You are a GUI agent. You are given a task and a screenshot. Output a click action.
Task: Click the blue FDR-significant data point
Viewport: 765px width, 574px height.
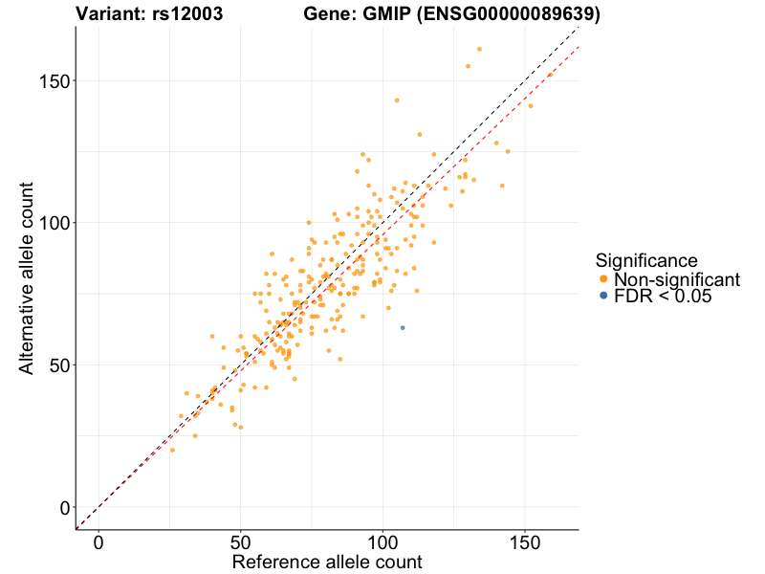coord(403,328)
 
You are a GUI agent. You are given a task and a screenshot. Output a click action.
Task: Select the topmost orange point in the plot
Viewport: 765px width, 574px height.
coord(479,49)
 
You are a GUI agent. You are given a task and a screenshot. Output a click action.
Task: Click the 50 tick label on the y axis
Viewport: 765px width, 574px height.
coord(57,365)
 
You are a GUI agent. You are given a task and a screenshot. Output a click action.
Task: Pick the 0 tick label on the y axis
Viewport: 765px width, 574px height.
coord(62,507)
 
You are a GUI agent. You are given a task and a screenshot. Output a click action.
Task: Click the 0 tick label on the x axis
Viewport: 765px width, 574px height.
coord(98,541)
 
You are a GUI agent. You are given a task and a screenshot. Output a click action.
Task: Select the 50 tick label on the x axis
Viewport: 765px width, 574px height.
coord(240,541)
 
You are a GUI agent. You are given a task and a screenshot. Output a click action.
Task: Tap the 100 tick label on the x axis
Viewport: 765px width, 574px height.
coord(382,541)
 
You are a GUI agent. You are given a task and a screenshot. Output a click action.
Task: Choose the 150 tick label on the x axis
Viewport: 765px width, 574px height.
coord(525,541)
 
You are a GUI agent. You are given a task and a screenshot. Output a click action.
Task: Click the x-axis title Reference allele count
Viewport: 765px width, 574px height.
coord(327,562)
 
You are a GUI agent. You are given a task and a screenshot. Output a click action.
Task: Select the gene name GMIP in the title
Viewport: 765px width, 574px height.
coord(373,14)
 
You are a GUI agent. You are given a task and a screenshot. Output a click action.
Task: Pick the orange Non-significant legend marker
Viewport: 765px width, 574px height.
coord(602,279)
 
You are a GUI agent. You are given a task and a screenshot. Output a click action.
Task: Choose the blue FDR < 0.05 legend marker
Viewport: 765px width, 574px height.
coord(602,297)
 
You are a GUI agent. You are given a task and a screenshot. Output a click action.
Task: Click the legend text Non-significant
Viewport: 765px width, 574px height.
coord(677,279)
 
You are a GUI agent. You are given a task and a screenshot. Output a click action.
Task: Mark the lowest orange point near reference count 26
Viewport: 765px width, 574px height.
coord(172,450)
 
